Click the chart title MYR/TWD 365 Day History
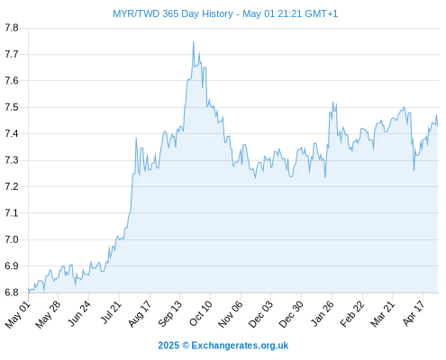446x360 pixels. click(173, 13)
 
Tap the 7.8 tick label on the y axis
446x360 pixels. click(12, 28)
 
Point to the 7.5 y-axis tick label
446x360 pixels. click(12, 107)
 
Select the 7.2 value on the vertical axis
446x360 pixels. click(12, 186)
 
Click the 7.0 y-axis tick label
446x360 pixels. click(12, 239)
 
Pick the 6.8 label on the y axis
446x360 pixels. click(12, 292)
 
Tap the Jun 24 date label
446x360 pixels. click(79, 313)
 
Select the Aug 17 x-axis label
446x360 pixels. click(140, 314)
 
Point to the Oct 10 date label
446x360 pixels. click(201, 313)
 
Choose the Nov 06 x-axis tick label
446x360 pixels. click(231, 314)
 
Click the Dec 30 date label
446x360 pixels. click(291, 314)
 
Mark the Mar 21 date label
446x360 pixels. click(382, 314)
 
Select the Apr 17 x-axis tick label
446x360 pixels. click(414, 313)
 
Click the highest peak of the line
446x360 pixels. click(194, 42)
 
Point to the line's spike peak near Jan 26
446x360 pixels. click(332, 103)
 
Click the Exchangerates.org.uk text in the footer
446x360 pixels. click(240, 346)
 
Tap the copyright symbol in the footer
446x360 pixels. click(186, 346)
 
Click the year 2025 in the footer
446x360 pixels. click(168, 346)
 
